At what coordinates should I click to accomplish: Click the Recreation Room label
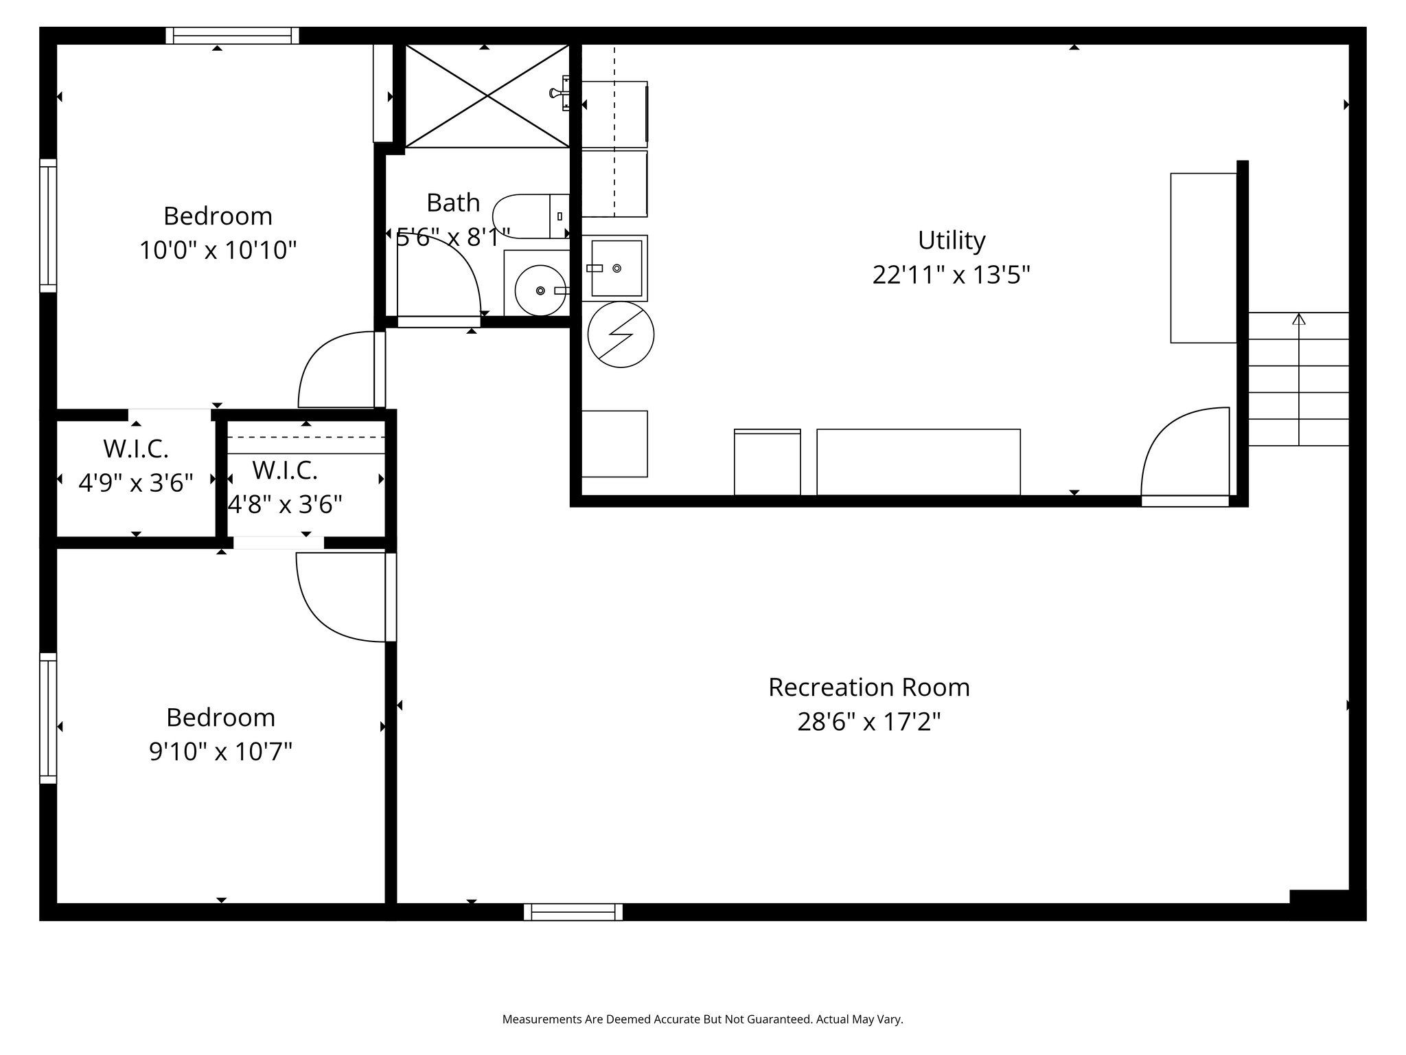(x=868, y=688)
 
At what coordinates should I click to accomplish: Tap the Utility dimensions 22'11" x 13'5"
(x=951, y=275)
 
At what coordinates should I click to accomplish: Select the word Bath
(x=453, y=203)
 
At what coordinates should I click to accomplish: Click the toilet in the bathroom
(x=529, y=216)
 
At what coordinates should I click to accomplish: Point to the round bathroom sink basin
(x=540, y=291)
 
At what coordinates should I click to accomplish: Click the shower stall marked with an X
(x=487, y=96)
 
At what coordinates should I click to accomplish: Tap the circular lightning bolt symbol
(x=621, y=334)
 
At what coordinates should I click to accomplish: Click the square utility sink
(x=615, y=268)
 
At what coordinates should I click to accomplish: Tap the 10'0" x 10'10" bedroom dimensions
(x=218, y=251)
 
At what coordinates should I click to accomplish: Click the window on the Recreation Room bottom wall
(x=573, y=912)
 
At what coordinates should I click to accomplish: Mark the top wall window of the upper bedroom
(x=233, y=36)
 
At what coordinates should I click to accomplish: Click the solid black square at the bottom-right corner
(x=1326, y=905)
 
